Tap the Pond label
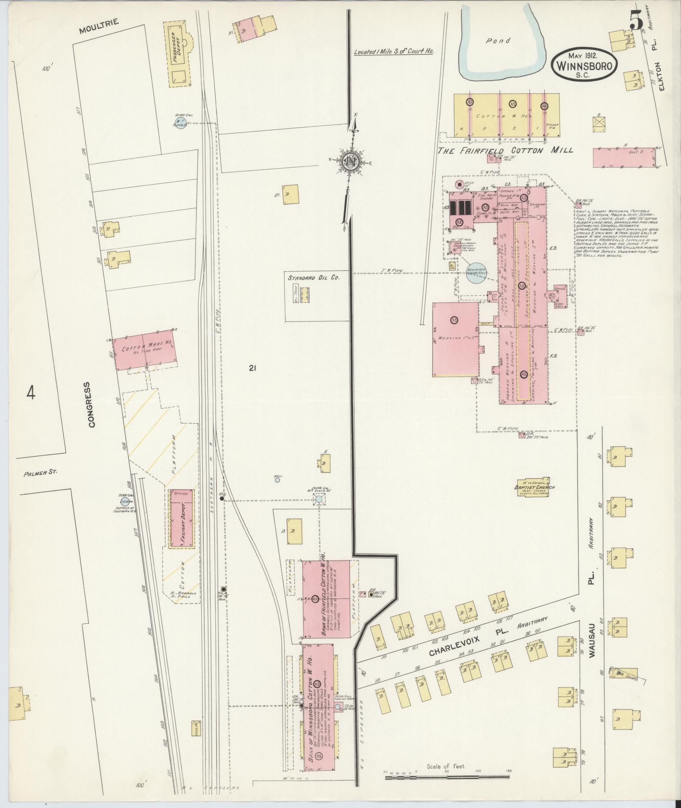[x=498, y=41]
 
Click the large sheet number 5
[x=635, y=19]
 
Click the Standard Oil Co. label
[x=314, y=278]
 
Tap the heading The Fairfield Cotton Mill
[x=505, y=150]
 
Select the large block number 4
[x=30, y=392]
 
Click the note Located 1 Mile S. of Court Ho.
[x=394, y=52]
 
